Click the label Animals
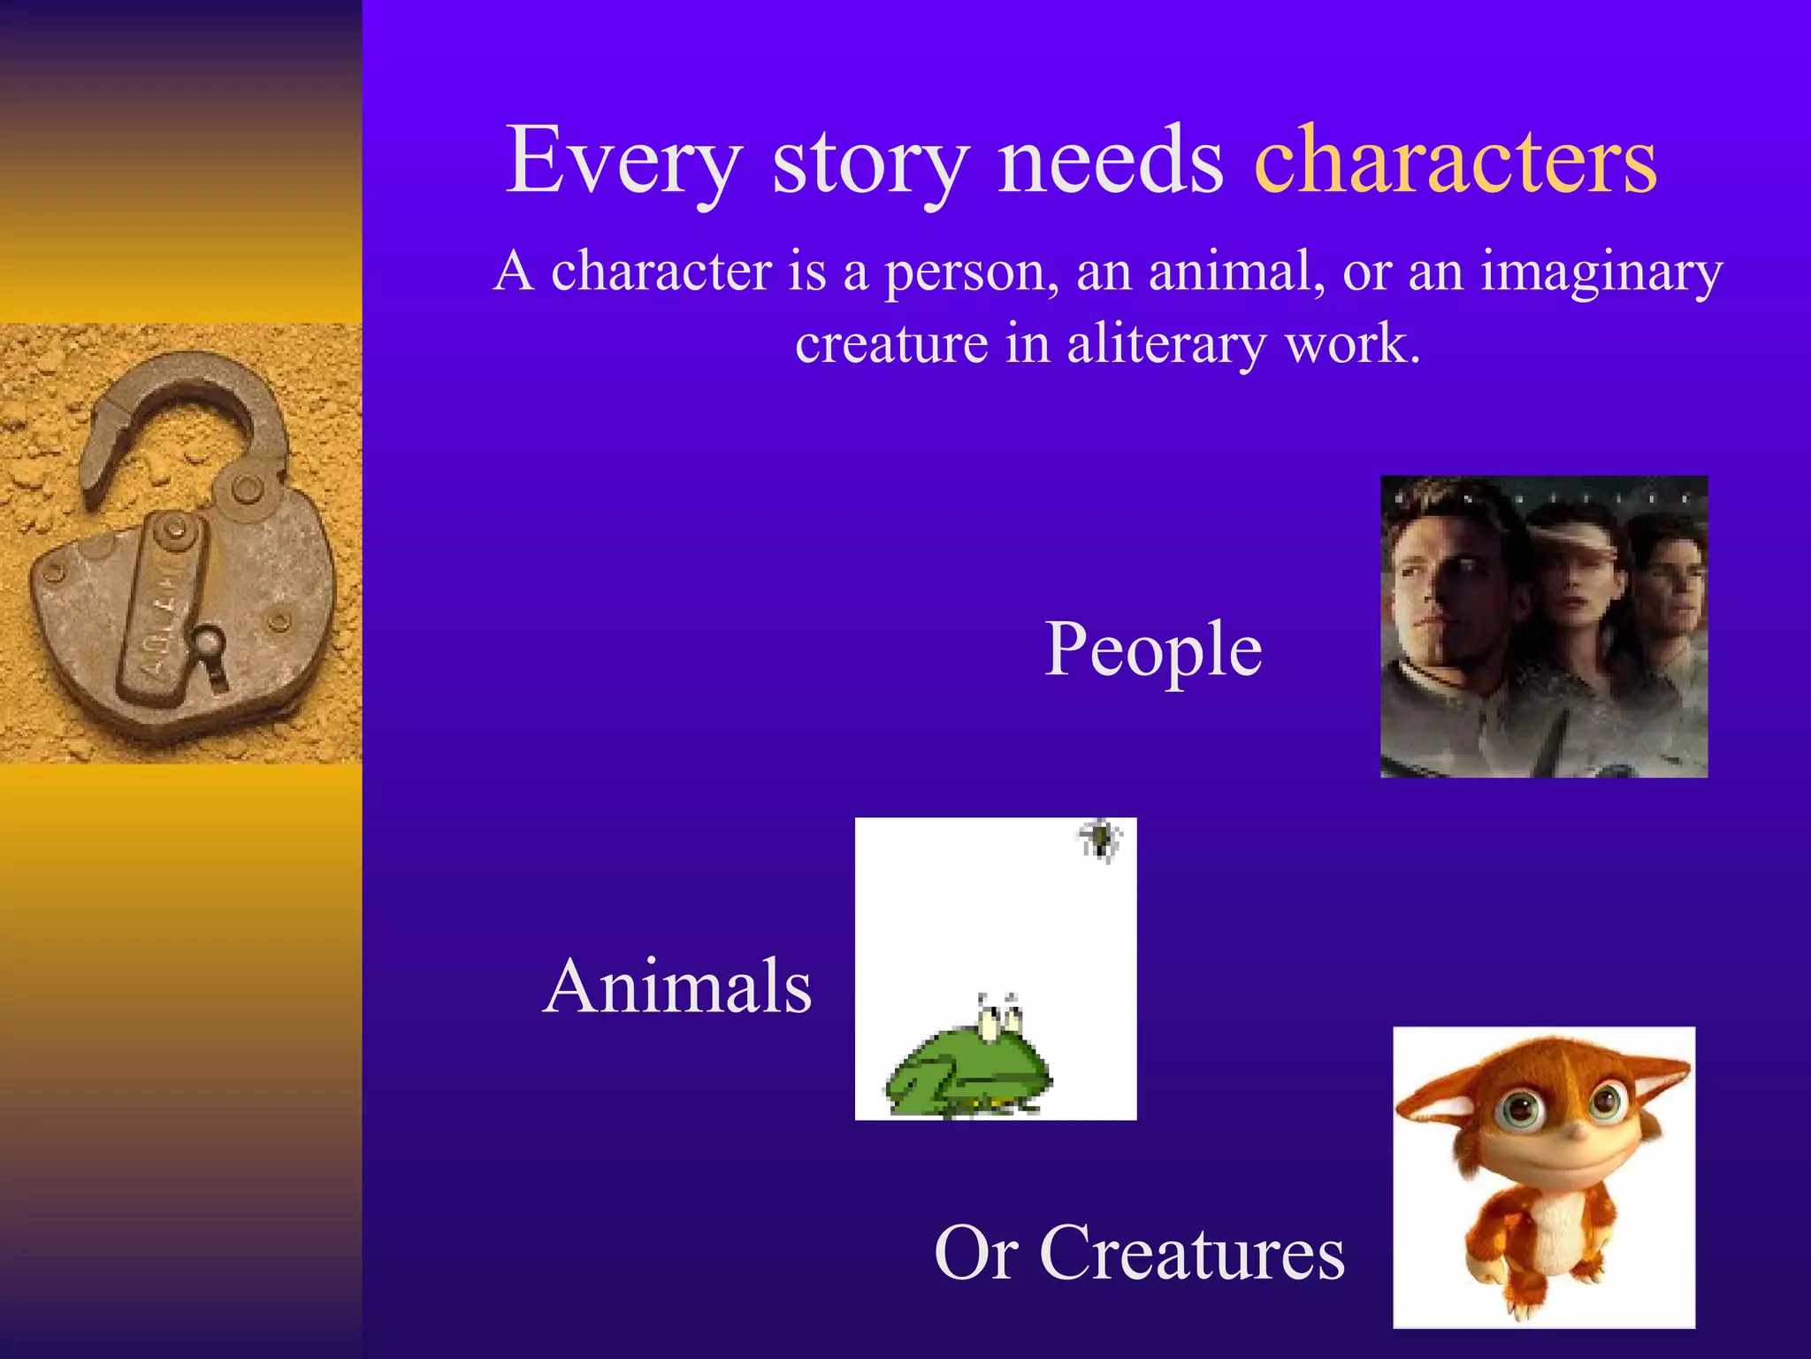click(677, 986)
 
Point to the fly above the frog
click(1099, 838)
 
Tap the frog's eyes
click(999, 1017)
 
